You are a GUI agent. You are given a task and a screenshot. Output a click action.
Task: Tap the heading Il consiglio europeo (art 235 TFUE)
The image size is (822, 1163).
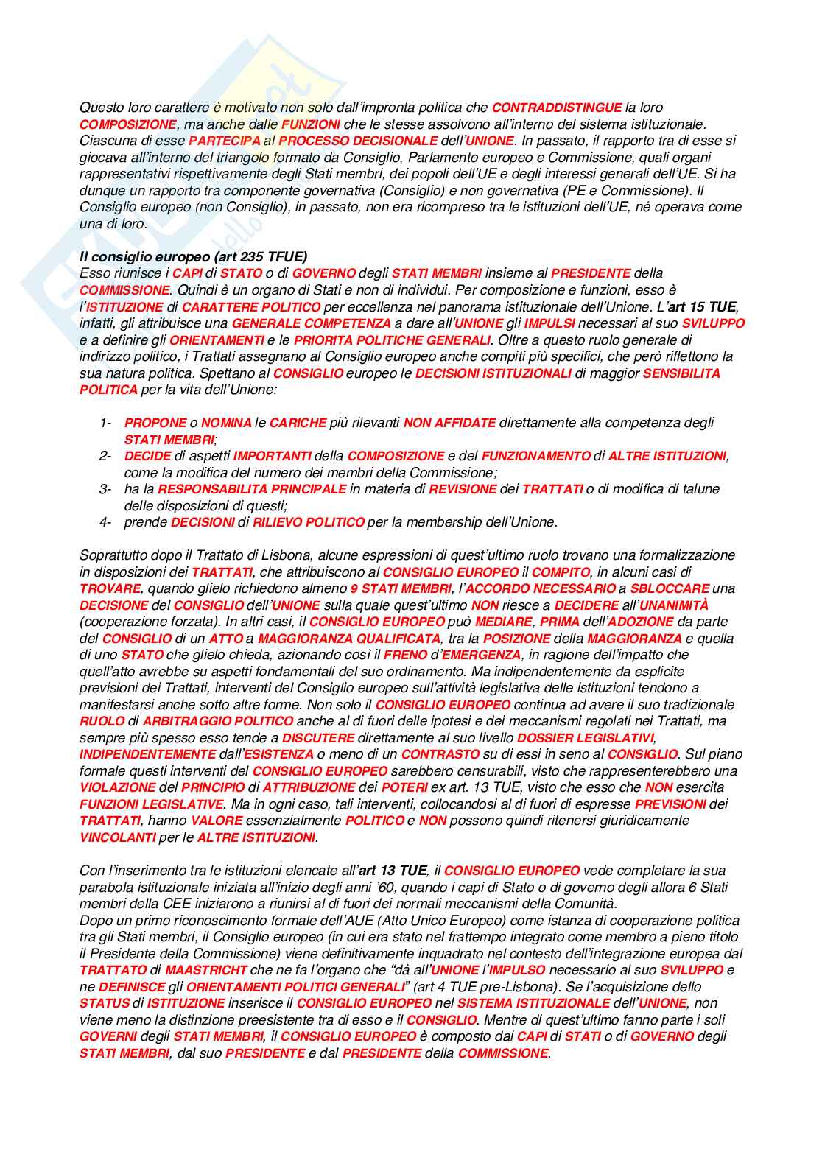[x=193, y=256]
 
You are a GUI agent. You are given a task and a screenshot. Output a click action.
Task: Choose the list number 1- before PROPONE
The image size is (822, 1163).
[x=106, y=423]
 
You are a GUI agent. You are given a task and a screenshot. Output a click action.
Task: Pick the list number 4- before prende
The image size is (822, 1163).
[x=106, y=522]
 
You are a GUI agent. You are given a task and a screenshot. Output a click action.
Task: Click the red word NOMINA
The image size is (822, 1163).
[x=226, y=423]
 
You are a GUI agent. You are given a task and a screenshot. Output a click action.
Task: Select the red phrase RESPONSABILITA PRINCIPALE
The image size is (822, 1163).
[x=252, y=489]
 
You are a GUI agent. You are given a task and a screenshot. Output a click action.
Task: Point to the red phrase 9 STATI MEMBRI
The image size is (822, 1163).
[x=401, y=588]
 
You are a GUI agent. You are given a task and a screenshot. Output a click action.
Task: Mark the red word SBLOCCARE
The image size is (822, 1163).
[x=670, y=588]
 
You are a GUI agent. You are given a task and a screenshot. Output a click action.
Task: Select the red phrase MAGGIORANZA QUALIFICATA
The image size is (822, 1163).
[x=349, y=639]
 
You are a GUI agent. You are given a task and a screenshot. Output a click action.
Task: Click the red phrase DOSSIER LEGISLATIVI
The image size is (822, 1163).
[x=586, y=738]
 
